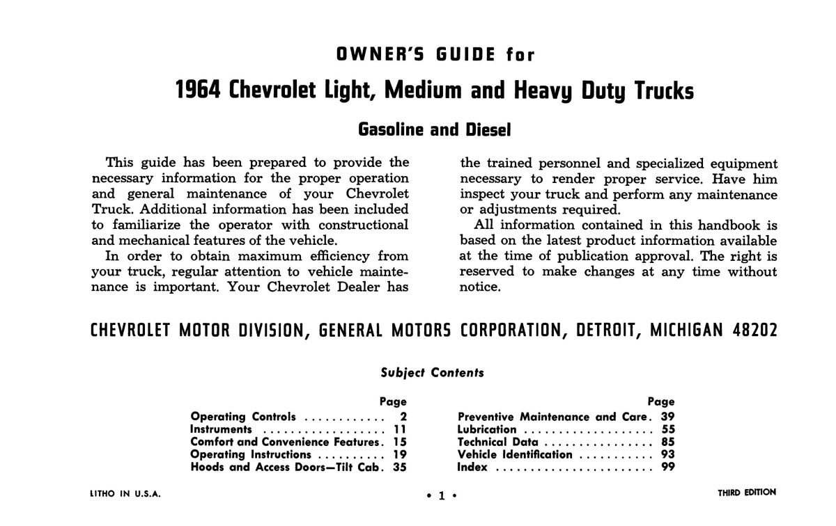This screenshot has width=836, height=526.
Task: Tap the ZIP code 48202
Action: (754, 330)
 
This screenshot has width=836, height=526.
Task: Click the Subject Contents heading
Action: (432, 372)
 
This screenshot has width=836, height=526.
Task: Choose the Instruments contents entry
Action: (221, 429)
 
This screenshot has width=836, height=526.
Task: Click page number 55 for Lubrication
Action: (667, 429)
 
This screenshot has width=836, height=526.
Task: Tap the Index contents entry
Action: (473, 467)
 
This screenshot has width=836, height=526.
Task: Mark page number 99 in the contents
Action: (667, 467)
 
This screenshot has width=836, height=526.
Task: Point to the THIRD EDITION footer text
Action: (747, 493)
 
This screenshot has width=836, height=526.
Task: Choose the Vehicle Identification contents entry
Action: (515, 454)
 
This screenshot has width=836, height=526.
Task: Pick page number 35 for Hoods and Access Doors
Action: (399, 467)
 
